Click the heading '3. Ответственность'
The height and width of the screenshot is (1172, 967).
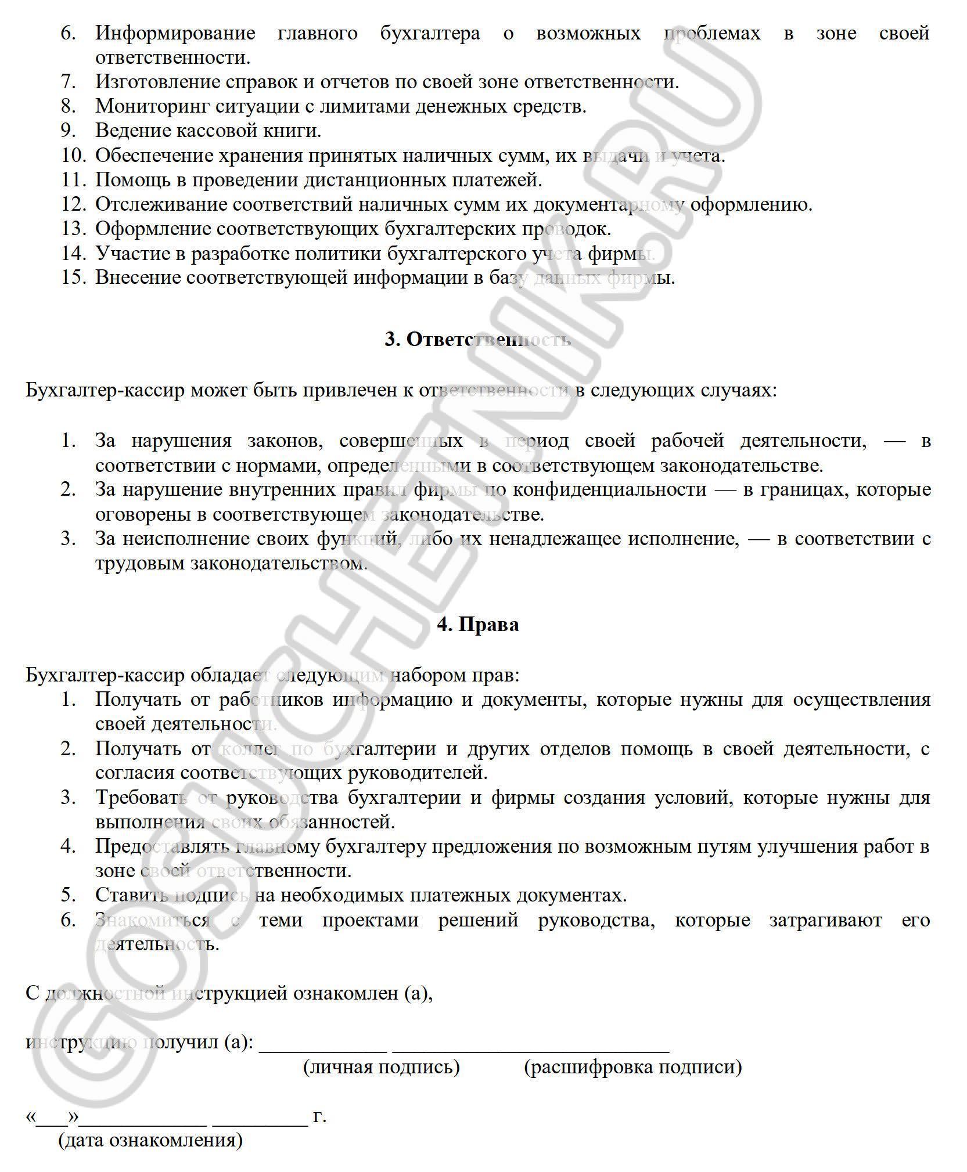click(477, 340)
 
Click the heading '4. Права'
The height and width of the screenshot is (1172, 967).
click(477, 625)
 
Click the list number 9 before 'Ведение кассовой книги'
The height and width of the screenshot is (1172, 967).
click(68, 131)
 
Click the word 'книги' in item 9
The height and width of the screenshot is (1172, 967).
click(296, 131)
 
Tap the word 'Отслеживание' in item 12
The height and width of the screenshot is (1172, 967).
click(160, 204)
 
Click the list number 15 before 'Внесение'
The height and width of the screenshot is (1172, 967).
click(74, 277)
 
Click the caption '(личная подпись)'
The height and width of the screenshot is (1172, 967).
click(382, 1066)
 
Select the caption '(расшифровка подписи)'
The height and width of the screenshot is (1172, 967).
click(633, 1066)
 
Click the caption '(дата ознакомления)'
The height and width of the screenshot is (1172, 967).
click(150, 1140)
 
